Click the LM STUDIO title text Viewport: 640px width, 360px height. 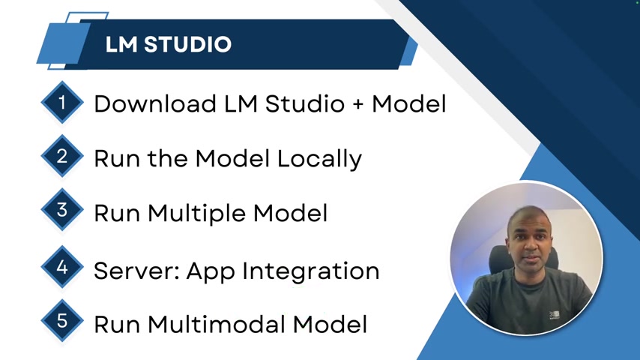[168, 44]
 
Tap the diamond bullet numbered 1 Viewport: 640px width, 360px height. [62, 102]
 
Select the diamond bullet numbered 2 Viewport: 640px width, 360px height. [62, 156]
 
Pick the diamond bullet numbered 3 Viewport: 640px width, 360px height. [62, 210]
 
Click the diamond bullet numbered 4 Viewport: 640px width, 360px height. [62, 267]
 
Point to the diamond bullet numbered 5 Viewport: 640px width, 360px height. [62, 321]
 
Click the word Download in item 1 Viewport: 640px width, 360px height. [155, 103]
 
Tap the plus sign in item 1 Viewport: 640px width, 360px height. [358, 104]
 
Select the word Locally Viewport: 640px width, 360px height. [319, 159]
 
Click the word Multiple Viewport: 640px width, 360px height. [197, 214]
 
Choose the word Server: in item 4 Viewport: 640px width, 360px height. [137, 271]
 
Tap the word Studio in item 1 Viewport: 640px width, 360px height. [305, 103]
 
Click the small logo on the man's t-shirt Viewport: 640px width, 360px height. [554, 315]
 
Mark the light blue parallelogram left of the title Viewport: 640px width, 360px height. [64, 43]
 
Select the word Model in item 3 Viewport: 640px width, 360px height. [290, 214]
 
